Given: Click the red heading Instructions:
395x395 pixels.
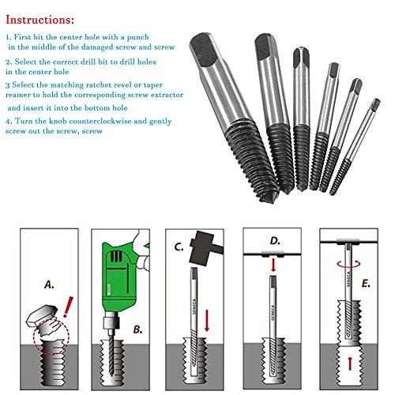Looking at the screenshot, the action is coord(39,20).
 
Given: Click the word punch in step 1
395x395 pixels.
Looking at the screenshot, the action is coord(138,37).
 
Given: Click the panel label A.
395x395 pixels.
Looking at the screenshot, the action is coord(49,284).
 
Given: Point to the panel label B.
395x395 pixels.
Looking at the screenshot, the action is coord(137,329).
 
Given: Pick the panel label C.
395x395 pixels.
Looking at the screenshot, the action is coord(179,247).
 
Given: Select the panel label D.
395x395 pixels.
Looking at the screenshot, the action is coord(275,241).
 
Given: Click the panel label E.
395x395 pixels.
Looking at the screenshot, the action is coord(366,284).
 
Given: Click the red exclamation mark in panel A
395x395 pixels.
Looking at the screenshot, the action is coord(68,307).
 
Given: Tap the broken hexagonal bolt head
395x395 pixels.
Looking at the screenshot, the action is coord(42,315).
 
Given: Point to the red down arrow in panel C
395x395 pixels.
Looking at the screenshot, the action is coord(207,321).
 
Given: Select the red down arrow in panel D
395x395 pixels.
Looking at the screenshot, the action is coord(273,265).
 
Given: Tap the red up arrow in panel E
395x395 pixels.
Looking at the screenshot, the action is coord(350,363).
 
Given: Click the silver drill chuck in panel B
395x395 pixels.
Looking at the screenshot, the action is coord(111,322).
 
